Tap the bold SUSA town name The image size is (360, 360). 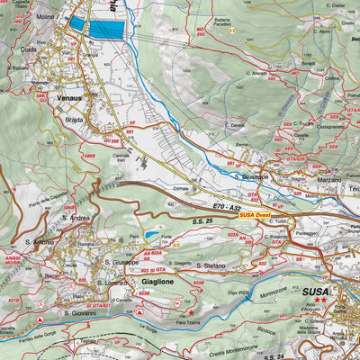coord(316,293)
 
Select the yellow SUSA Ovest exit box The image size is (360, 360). coord(257,214)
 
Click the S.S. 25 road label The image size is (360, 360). coord(203,219)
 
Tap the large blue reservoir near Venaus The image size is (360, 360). coord(107,29)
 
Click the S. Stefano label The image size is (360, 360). coord(212,265)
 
